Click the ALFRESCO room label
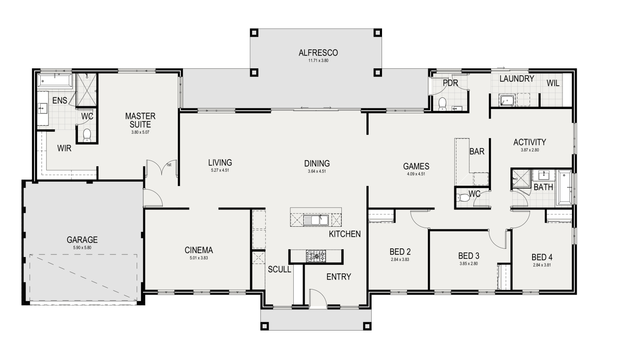[x=318, y=53]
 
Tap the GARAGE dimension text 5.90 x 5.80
[x=82, y=248]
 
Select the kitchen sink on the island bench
[x=316, y=220]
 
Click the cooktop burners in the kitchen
[x=316, y=256]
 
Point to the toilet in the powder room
[x=442, y=104]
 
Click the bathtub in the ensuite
[x=55, y=80]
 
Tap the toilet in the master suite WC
[x=87, y=135]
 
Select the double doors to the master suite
[x=161, y=168]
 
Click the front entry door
[x=318, y=299]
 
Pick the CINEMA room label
[x=199, y=250]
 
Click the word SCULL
[x=279, y=269]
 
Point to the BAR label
[x=477, y=151]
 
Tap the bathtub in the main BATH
[x=564, y=188]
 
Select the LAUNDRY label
[x=517, y=79]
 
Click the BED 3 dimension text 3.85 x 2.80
[x=469, y=264]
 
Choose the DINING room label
[x=317, y=164]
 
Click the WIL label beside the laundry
[x=553, y=83]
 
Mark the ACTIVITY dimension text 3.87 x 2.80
[x=530, y=150]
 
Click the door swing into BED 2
[x=419, y=220]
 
